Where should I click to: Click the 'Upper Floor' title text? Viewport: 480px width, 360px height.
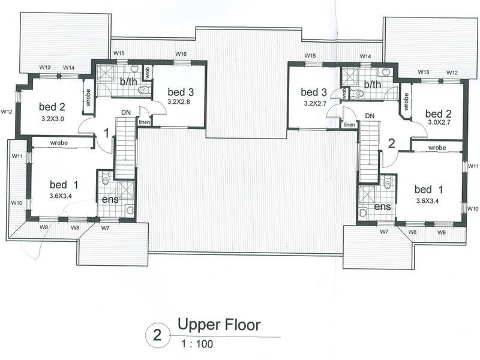point(219,325)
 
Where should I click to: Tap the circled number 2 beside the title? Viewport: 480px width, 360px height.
point(157,336)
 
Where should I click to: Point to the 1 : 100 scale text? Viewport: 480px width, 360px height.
point(197,344)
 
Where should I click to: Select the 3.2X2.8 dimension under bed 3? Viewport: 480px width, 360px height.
point(178,101)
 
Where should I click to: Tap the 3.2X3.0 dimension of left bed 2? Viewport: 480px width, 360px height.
point(53,118)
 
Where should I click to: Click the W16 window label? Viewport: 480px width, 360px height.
point(181,54)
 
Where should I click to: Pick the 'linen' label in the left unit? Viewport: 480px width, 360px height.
point(145,122)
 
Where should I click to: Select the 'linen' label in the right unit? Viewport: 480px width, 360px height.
point(349,125)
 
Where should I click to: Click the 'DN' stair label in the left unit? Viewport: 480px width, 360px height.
point(126,112)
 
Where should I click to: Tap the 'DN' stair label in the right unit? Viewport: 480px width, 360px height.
point(370,116)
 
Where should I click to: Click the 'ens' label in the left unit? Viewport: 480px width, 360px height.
point(110,199)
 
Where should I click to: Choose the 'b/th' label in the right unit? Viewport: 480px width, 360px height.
point(373,84)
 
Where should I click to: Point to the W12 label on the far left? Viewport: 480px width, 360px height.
point(7,112)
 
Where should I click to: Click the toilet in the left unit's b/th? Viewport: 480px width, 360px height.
point(143,90)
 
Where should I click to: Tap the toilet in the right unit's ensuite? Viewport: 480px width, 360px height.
point(387,181)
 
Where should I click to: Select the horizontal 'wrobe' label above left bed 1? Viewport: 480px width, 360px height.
point(59,143)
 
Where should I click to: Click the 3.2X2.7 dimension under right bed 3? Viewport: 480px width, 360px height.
point(316,103)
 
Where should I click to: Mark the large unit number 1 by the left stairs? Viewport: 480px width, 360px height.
point(106,133)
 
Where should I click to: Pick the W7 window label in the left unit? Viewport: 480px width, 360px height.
point(106,228)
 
